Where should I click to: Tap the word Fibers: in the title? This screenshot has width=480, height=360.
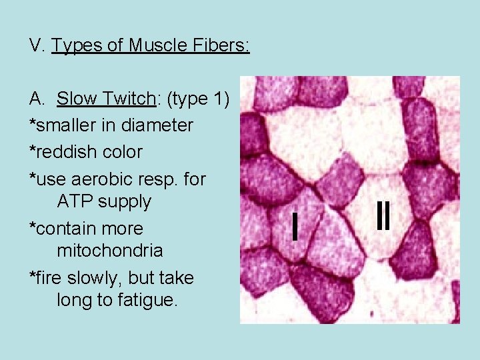coord(224,45)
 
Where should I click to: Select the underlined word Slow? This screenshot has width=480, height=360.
coord(79,99)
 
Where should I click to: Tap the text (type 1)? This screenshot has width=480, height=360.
coord(198,99)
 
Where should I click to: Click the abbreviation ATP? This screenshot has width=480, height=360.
coord(73,202)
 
